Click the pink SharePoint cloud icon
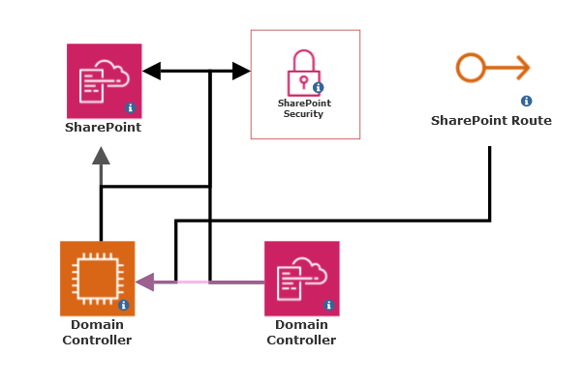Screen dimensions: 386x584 (104, 80)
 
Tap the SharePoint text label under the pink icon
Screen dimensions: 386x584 (104, 127)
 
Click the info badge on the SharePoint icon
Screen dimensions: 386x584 (131, 107)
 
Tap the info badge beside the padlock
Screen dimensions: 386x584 (318, 87)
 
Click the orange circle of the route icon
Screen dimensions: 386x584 (471, 68)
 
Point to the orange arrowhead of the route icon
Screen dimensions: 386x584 (522, 68)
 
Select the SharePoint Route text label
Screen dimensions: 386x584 (491, 121)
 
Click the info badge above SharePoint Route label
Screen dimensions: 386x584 (527, 101)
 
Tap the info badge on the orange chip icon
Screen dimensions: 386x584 (124, 305)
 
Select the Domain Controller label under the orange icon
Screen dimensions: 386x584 (97, 332)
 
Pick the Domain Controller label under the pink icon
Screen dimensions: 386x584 (301, 332)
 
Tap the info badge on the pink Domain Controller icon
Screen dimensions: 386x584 (328, 305)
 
